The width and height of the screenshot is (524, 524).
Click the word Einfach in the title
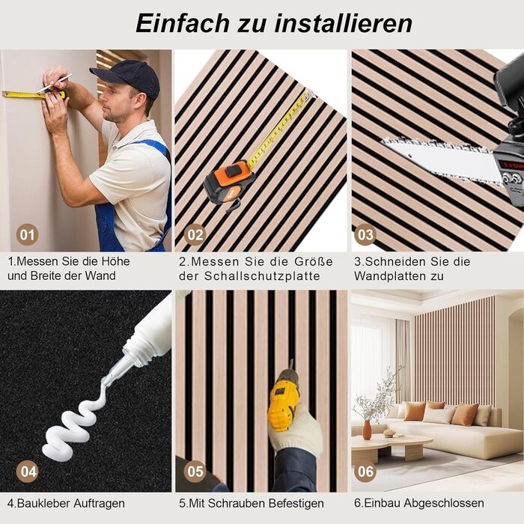pyautogui.click(x=182, y=23)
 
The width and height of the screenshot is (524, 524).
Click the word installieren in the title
pyautogui.click(x=344, y=23)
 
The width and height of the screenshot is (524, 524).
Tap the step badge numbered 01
pyautogui.click(x=27, y=234)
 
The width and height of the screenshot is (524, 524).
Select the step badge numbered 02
pyautogui.click(x=195, y=234)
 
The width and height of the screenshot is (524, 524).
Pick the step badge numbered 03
pyautogui.click(x=365, y=234)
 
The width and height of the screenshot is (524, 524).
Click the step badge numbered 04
pyautogui.click(x=27, y=471)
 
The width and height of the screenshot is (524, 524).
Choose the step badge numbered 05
pyautogui.click(x=195, y=471)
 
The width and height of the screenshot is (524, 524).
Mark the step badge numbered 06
pyautogui.click(x=365, y=471)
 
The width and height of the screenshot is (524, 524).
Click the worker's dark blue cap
pyautogui.click(x=129, y=78)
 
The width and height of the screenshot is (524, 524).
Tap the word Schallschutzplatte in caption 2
pyautogui.click(x=262, y=276)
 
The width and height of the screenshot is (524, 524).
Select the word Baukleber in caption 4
pyautogui.click(x=43, y=503)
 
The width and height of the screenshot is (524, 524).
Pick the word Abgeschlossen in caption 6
pyautogui.click(x=446, y=503)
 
